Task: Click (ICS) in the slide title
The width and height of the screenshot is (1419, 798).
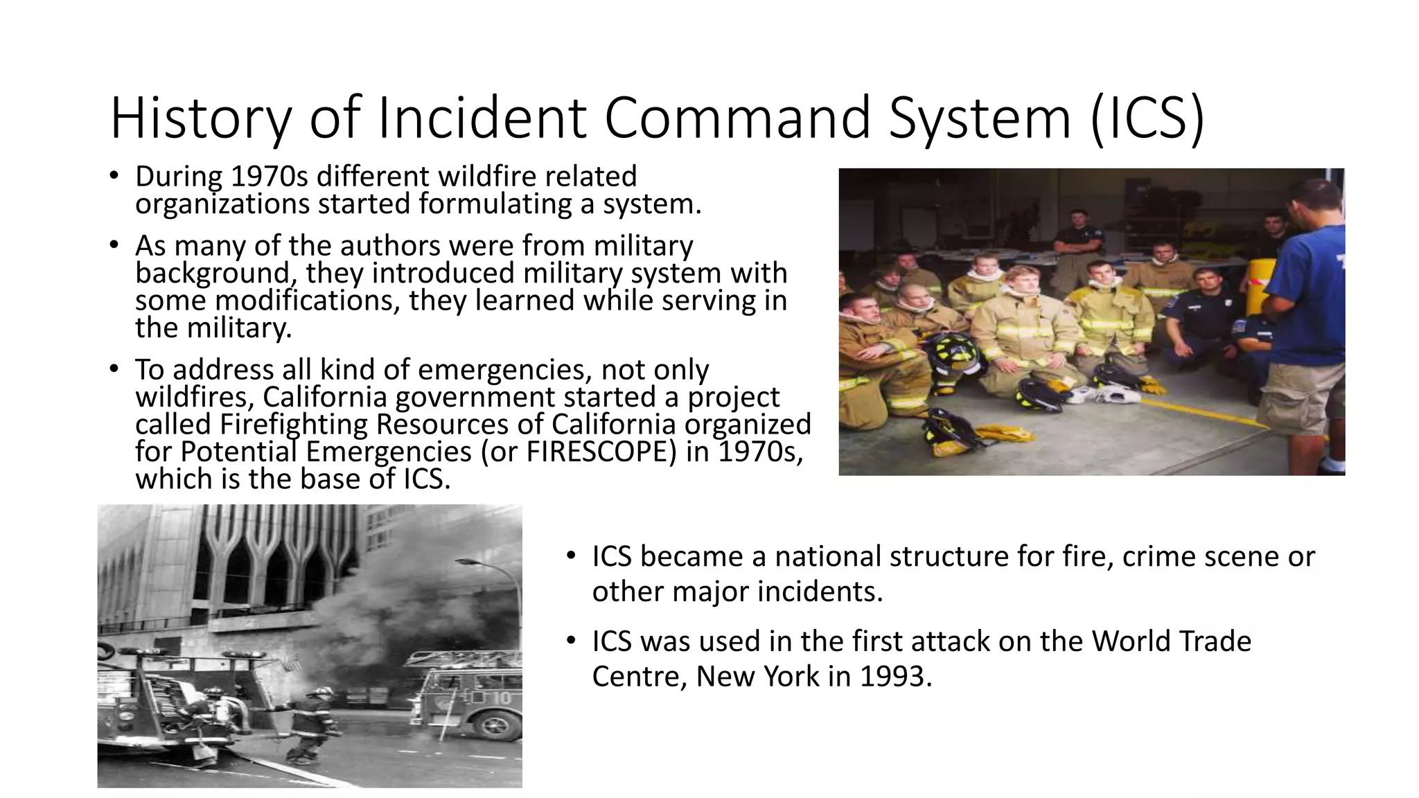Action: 1147,119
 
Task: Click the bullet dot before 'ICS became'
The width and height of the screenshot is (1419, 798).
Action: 570,556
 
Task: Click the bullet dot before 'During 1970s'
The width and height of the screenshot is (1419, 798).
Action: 114,175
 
